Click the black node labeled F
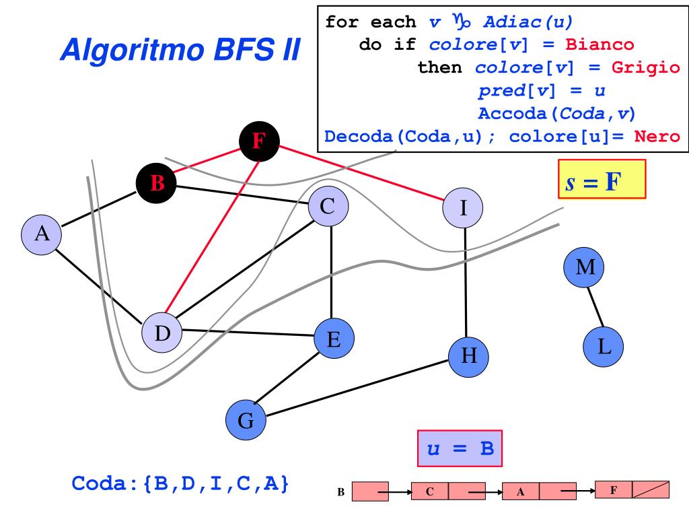pyautogui.click(x=259, y=141)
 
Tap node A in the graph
pyautogui.click(x=42, y=234)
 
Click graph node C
pyautogui.click(x=328, y=207)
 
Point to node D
pyautogui.click(x=162, y=333)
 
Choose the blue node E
pyautogui.click(x=333, y=340)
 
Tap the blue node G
pyautogui.click(x=246, y=421)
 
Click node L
pyautogui.click(x=604, y=347)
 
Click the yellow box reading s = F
pyautogui.click(x=602, y=179)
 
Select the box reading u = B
pyautogui.click(x=460, y=448)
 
